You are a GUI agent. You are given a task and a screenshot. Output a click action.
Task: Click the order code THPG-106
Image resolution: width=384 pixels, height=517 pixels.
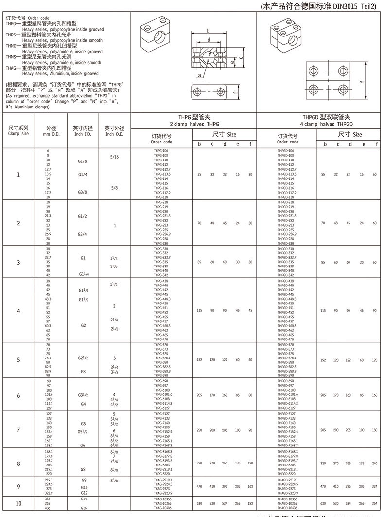tap(160, 151)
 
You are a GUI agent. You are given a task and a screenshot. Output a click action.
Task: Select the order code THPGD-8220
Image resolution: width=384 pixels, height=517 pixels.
tap(286, 474)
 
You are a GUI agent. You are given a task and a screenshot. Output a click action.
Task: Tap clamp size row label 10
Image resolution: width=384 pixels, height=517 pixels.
tap(18, 503)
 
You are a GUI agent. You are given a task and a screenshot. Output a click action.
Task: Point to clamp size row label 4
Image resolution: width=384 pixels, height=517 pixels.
tap(18, 311)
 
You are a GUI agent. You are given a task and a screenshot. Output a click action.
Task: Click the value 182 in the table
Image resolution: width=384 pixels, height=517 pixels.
tap(251, 503)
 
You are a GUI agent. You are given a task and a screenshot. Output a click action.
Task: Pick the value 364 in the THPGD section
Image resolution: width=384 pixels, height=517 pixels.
tap(374, 503)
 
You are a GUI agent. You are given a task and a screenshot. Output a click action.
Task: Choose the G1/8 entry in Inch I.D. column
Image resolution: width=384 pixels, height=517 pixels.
tap(83, 160)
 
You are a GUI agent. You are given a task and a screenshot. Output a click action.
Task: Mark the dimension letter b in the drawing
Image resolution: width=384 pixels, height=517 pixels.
tap(208, 30)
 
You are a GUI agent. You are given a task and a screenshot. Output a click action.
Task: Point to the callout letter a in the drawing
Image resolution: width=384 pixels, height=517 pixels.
tap(199, 76)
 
